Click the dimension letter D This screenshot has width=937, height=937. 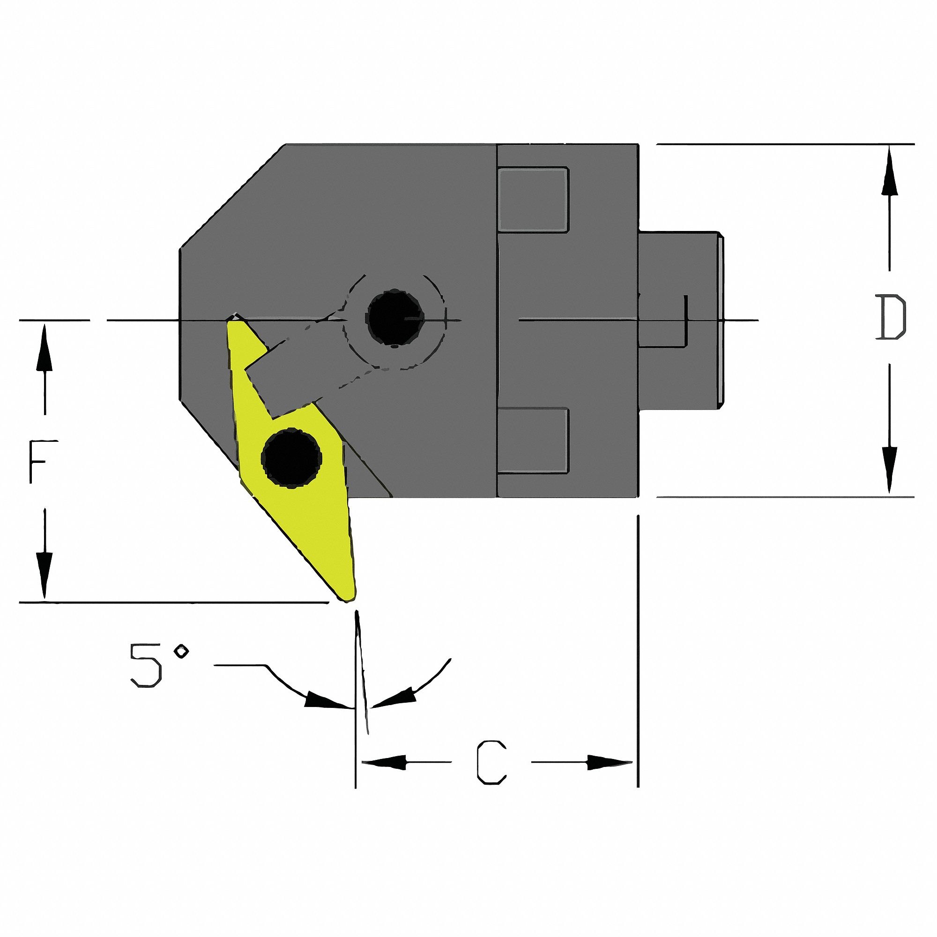pos(891,318)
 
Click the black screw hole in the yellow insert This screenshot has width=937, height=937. pos(291,458)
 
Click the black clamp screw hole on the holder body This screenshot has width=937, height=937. pos(394,317)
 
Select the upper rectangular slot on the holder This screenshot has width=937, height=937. pos(533,199)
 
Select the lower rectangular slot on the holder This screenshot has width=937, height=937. pos(533,439)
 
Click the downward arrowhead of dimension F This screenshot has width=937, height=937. pos(45,580)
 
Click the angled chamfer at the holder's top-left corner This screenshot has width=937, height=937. pos(233,196)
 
